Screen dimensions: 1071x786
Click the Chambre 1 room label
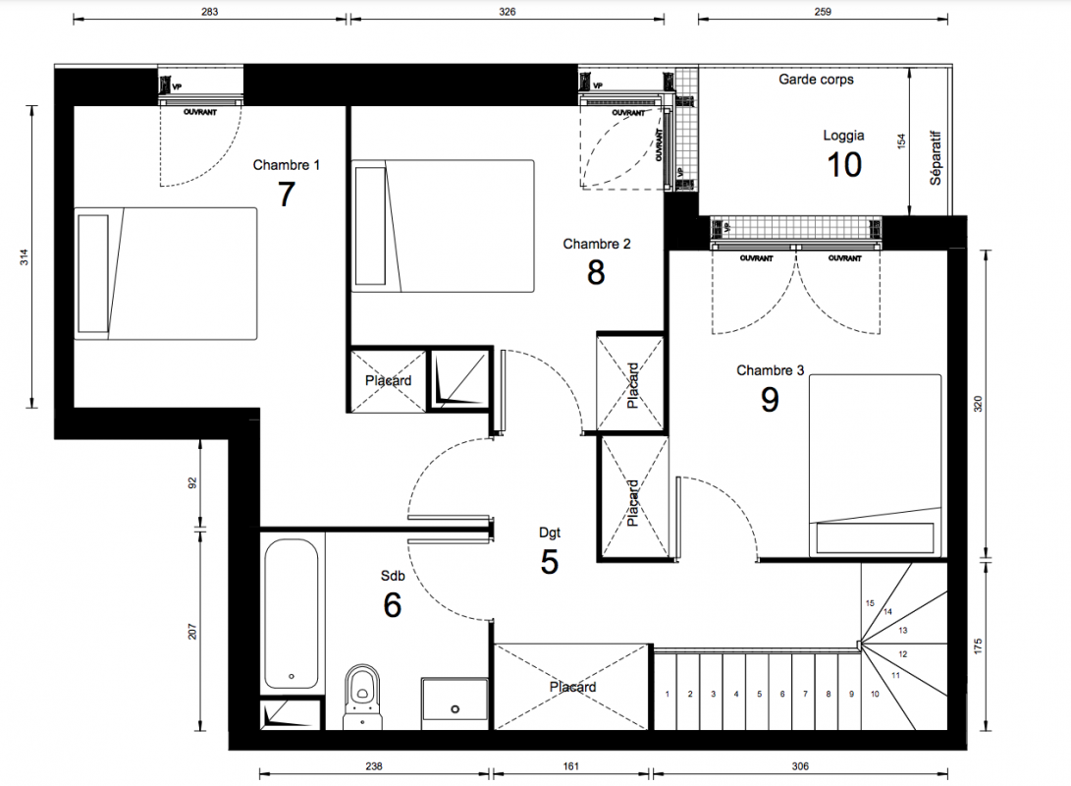[287, 165]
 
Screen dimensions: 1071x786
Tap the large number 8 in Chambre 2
[596, 273]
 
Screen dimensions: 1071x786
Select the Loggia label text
[843, 136]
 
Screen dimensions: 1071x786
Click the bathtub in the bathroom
[291, 614]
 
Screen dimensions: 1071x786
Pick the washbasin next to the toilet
[455, 699]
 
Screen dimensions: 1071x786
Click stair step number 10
[875, 694]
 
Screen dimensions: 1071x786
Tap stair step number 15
[870, 603]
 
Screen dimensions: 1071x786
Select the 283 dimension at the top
[210, 12]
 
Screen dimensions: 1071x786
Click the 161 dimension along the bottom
[571, 766]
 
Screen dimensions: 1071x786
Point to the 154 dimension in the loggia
[901, 141]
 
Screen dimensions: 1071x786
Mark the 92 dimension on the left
[192, 482]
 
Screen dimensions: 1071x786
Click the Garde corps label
[816, 80]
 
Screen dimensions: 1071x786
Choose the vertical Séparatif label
[936, 158]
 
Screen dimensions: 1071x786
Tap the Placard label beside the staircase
[572, 687]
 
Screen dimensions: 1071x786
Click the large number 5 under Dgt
[549, 562]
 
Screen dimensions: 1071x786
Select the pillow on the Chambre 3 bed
[875, 537]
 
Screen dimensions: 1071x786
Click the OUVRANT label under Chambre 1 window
[200, 112]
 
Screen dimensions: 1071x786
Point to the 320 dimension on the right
[978, 404]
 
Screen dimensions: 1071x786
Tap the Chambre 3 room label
[770, 370]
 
